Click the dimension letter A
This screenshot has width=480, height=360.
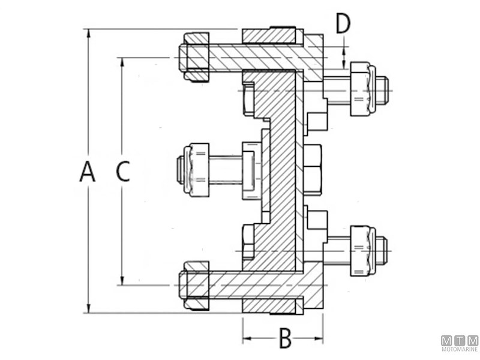point(88,172)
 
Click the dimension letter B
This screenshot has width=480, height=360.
point(285,338)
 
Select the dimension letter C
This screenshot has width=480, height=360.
point(122,172)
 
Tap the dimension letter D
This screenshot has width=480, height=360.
point(343,24)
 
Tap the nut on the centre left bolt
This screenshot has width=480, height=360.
point(198,170)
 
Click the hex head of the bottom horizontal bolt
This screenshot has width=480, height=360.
point(196,286)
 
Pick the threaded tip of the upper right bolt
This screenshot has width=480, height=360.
point(382,89)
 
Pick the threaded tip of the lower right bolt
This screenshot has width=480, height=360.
point(382,251)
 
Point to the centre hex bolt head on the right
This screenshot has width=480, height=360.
point(313,170)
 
